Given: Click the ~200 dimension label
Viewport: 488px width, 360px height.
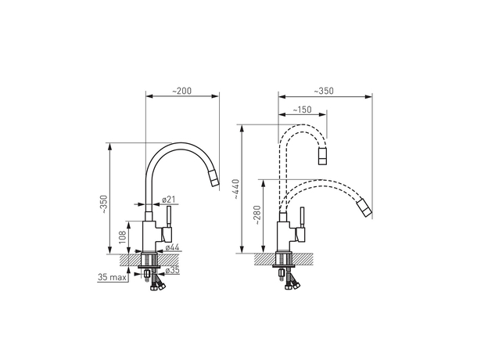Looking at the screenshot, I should [x=181, y=92].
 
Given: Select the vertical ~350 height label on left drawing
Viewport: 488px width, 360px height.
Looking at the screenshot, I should [x=104, y=202].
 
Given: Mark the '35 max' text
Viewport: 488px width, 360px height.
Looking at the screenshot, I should [x=113, y=277].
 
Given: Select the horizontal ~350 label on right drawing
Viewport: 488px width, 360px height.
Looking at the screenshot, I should [x=323, y=92].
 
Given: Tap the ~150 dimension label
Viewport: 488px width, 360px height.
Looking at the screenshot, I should [x=302, y=110].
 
